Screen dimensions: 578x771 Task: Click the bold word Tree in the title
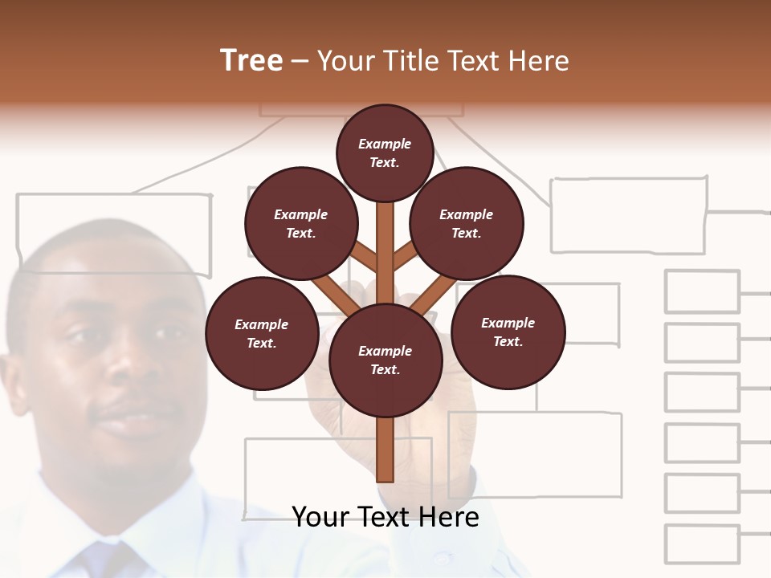coord(251,60)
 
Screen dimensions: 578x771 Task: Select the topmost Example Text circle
coord(385,153)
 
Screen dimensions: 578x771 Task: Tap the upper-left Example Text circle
coord(301,223)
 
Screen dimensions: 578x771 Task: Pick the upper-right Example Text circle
coord(467,223)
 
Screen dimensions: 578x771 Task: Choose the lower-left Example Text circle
coord(262,333)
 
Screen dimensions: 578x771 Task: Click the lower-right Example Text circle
coord(508,332)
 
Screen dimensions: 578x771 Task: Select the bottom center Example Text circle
coord(385,360)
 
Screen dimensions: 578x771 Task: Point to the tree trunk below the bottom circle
coord(385,450)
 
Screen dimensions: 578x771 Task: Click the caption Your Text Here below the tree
coord(385,516)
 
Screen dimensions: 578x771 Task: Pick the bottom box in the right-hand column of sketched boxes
coord(702,543)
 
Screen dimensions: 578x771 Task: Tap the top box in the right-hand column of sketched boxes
coord(702,291)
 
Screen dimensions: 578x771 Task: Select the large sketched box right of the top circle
coord(628,215)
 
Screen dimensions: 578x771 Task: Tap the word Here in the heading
coord(537,61)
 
